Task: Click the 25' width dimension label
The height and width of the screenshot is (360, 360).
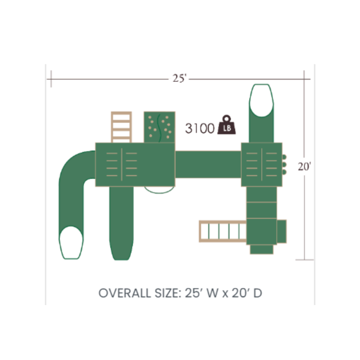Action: coord(179,78)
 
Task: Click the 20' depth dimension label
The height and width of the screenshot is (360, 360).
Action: coord(304,167)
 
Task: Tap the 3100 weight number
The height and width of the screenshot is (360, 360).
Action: coord(200,129)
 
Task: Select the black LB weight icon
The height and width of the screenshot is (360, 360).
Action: coord(227,124)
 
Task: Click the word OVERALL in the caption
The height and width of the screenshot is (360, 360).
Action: coord(124,293)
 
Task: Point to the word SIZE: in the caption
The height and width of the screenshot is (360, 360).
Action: coord(168,293)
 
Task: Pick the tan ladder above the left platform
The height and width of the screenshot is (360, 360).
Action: coord(121,127)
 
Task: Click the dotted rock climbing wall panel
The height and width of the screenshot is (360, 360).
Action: coord(159,127)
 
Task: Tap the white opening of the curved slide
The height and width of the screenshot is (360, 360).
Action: coord(71,243)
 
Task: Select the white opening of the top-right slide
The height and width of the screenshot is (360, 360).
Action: coord(261,101)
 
